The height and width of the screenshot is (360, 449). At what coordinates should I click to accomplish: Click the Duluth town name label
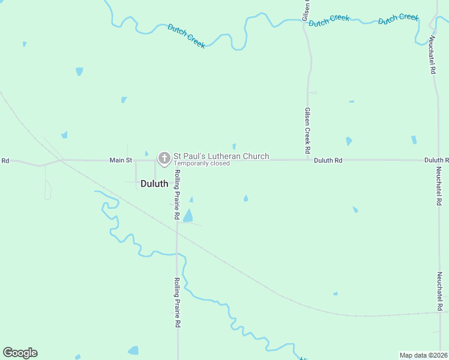[x=154, y=184]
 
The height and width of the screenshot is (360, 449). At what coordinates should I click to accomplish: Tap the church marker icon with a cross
[x=164, y=158]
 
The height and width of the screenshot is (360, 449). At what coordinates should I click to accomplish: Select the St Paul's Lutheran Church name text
[x=221, y=156]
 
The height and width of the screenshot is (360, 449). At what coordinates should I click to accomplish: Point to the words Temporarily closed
[x=202, y=163]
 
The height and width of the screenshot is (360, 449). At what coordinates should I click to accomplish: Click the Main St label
[x=120, y=160]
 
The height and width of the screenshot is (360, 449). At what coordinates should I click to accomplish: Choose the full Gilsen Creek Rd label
[x=307, y=130]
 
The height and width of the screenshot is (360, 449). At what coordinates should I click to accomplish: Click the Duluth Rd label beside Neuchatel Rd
[x=436, y=160]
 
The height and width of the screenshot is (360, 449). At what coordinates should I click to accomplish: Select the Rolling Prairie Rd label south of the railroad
[x=178, y=302]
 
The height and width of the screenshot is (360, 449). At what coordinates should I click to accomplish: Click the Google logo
[x=20, y=353]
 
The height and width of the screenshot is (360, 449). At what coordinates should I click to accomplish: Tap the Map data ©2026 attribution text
[x=423, y=355]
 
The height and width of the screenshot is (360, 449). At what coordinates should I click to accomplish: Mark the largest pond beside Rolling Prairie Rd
[x=188, y=216]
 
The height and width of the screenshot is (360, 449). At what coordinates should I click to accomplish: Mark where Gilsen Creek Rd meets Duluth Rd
[x=308, y=160]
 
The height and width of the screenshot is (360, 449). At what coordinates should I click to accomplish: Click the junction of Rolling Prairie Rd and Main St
[x=176, y=160]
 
